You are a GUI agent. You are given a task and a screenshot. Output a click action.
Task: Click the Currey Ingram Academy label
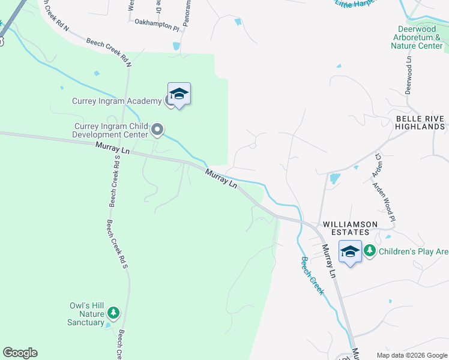tap(115, 101)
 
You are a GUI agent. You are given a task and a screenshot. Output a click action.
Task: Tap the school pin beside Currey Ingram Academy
tap(179, 94)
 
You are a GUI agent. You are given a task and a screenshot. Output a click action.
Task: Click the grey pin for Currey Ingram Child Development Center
tap(158, 129)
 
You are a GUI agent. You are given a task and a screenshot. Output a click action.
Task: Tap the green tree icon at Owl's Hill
tap(112, 313)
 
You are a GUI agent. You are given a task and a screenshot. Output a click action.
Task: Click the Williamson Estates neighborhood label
tap(350, 224)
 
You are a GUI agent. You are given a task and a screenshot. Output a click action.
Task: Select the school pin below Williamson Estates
tap(350, 252)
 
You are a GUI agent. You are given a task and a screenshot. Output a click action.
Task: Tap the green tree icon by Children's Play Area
tap(370, 251)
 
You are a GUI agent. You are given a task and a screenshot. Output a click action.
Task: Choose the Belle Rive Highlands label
tap(420, 123)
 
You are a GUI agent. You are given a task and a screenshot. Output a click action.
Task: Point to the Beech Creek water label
tap(312, 276)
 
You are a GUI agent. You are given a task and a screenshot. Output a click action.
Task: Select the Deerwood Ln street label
tap(409, 75)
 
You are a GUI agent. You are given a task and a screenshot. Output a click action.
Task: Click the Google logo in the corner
tap(20, 353)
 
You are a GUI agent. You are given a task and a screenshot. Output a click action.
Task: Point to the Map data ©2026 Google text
tap(411, 355)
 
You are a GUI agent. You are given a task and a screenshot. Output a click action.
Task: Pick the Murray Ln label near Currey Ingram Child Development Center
tap(113, 148)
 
